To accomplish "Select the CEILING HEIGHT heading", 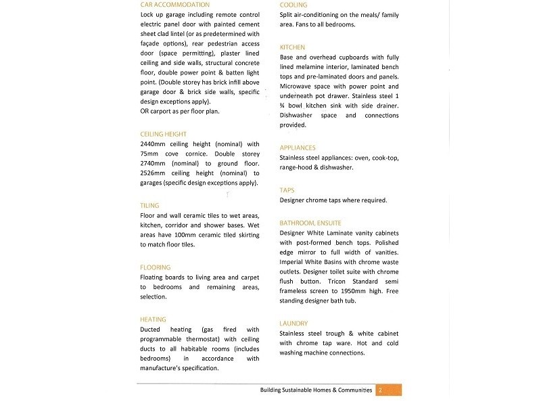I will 163,134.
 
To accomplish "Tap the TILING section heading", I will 150,205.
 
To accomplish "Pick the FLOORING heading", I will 156,267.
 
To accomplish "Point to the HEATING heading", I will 154,319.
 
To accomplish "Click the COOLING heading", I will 294,5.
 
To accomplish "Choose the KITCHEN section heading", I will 292,47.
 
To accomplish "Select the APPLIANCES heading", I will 298,148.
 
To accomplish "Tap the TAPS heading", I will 287,190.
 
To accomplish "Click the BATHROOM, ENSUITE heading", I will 310,223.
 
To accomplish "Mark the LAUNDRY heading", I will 293,323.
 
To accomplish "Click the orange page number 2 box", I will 389,390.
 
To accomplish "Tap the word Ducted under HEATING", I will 151,330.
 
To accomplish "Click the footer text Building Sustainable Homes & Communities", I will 316,390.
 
